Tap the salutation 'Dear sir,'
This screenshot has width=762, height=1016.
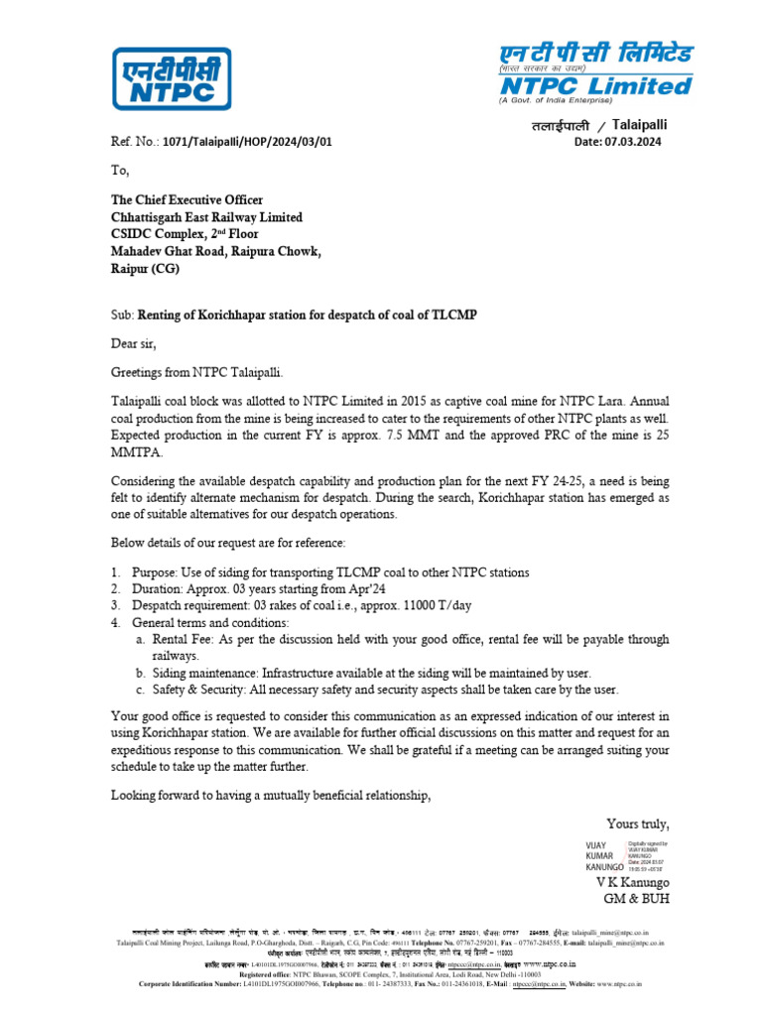133,343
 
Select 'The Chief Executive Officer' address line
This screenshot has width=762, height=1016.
187,200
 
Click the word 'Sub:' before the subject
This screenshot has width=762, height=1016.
121,315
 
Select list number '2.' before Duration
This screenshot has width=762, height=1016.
116,588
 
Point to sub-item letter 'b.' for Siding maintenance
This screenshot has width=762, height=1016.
142,673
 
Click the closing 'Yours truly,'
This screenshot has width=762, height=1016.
638,824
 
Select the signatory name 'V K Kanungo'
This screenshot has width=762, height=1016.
632,882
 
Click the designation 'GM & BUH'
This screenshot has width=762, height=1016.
637,899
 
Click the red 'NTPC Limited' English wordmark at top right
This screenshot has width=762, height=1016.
594,86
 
